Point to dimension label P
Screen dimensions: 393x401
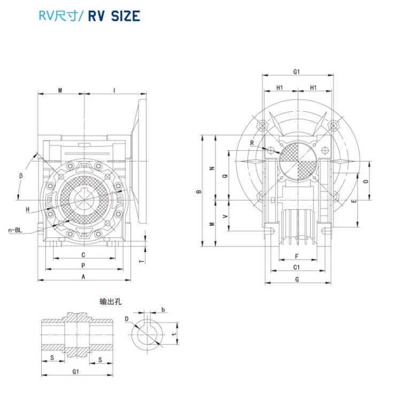83,265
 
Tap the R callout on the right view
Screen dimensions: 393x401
251,143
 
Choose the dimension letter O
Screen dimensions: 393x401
366,182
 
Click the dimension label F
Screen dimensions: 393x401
296,256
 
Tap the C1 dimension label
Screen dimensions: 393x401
296,267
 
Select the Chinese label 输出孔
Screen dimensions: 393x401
111,302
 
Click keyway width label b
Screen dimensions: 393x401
163,310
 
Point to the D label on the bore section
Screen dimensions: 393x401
127,319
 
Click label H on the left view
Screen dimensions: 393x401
27,210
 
